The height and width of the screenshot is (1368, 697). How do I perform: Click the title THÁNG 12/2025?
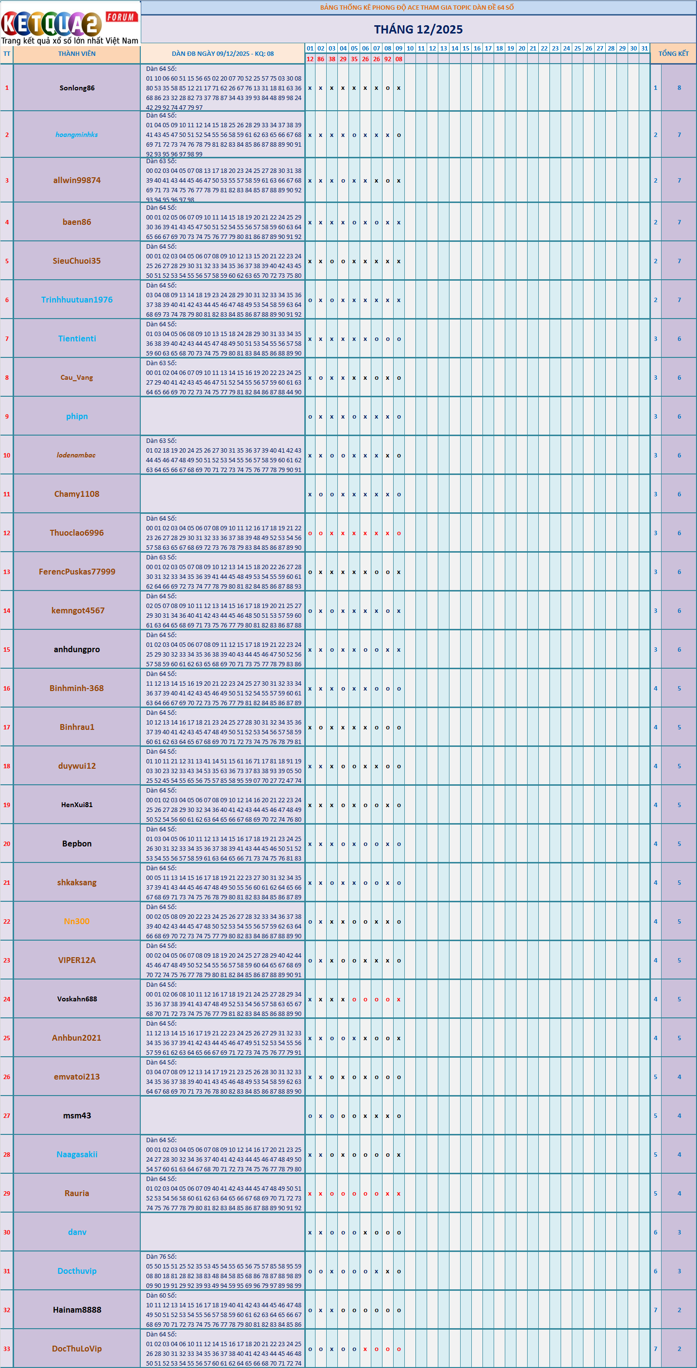pyautogui.click(x=418, y=29)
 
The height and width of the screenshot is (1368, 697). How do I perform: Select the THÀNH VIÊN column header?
pyautogui.click(x=77, y=53)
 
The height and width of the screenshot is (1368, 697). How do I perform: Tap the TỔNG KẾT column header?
pyautogui.click(x=673, y=53)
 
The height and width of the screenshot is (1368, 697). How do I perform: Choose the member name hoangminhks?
pyautogui.click(x=77, y=135)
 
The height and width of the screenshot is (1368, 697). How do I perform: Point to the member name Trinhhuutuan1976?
pyautogui.click(x=77, y=300)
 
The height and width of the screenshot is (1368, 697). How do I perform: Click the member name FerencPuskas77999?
pyautogui.click(x=77, y=572)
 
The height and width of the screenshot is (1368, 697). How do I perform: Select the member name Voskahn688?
pyautogui.click(x=77, y=999)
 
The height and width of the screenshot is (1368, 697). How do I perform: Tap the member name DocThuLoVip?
pyautogui.click(x=77, y=1349)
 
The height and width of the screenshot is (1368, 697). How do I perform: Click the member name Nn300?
pyautogui.click(x=77, y=921)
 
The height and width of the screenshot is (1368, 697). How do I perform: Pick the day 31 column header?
pyautogui.click(x=645, y=49)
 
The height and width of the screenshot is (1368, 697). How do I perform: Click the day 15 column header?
pyautogui.click(x=466, y=49)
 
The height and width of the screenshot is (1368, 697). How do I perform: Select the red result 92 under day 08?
pyautogui.click(x=387, y=59)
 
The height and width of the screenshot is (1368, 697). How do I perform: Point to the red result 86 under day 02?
pyautogui.click(x=321, y=59)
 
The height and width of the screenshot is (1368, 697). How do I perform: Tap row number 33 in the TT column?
pyautogui.click(x=7, y=1349)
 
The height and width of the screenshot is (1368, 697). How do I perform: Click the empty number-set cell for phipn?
pyautogui.click(x=222, y=416)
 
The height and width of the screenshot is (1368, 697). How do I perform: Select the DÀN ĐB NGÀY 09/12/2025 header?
pyautogui.click(x=222, y=53)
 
